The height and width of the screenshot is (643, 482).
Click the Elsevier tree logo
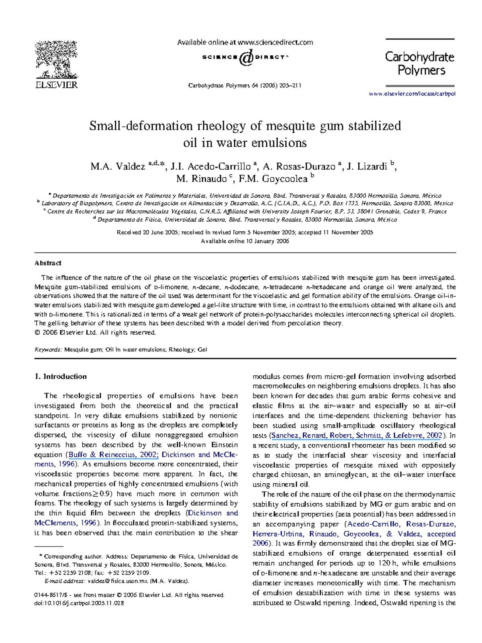56,60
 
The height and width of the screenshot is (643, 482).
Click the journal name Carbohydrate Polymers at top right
420,63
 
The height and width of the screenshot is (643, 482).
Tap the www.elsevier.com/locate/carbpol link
412,94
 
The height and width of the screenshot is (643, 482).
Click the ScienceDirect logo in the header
245,57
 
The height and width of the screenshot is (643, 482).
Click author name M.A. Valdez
118,167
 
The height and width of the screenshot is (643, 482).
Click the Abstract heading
48,263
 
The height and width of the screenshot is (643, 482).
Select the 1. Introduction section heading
61,376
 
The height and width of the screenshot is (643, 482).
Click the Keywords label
48,350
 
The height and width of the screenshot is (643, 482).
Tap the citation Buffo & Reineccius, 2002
114,455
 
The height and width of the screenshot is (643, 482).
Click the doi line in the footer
79,603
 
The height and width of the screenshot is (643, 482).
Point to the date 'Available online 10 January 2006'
245,241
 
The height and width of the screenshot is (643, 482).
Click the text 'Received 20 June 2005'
147,232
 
